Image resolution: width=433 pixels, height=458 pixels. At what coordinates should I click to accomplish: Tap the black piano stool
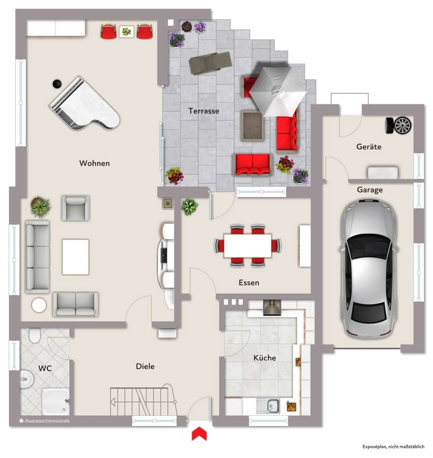click(x=57, y=83)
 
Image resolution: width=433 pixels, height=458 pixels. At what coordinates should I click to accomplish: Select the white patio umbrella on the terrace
click(x=277, y=91)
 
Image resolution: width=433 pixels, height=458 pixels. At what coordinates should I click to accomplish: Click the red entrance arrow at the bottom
click(x=199, y=433)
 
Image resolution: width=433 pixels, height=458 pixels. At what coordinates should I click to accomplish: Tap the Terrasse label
click(x=203, y=111)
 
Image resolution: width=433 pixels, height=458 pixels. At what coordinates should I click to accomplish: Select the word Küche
click(x=265, y=358)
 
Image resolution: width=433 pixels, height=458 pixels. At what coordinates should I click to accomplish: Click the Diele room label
click(x=145, y=366)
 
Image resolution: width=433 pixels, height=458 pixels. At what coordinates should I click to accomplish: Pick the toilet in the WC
click(x=34, y=335)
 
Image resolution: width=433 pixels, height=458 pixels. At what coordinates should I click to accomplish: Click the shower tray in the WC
click(x=56, y=401)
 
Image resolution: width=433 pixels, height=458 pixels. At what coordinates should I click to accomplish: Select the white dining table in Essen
click(x=247, y=246)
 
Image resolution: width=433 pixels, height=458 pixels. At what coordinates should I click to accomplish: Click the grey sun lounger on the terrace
click(x=210, y=63)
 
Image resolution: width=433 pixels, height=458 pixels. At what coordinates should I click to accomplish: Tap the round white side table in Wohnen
click(x=39, y=305)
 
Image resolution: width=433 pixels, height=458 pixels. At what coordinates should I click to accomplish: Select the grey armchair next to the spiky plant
click(x=76, y=208)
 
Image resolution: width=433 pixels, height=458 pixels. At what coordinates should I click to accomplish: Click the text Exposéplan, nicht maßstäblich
click(x=393, y=446)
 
